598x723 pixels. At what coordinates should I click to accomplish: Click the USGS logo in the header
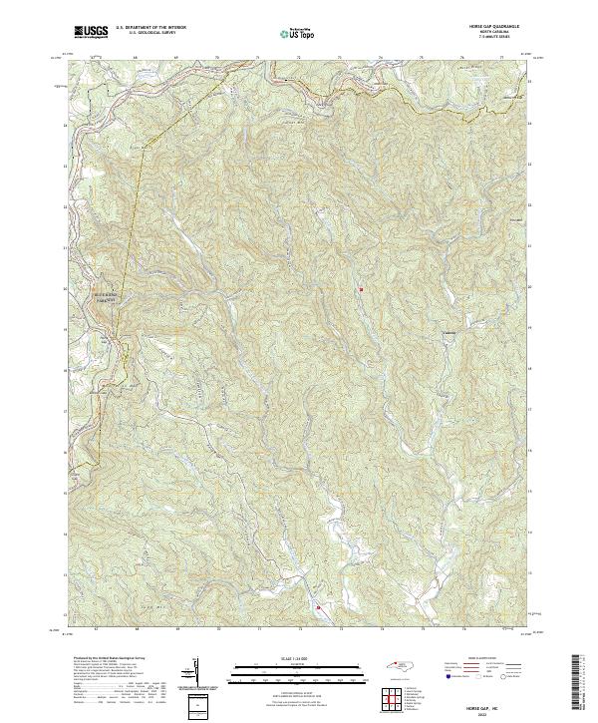point(91,32)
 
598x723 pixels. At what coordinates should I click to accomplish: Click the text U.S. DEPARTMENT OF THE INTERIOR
point(151,28)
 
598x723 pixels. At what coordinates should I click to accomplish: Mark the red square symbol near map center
point(361,290)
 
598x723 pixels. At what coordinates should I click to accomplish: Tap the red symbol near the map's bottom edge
point(319,606)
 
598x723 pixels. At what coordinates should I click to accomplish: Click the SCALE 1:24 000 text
point(298,657)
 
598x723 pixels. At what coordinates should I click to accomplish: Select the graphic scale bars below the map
point(298,671)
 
